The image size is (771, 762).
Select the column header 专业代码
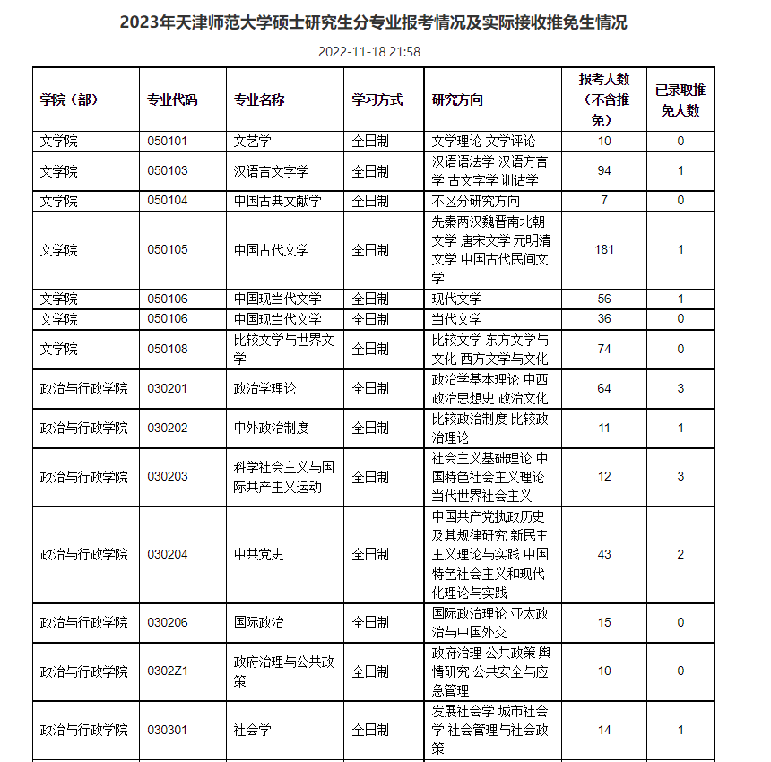tap(172, 100)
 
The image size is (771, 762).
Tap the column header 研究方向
tap(457, 100)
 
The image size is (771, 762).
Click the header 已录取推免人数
tap(680, 100)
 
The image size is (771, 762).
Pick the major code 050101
tap(168, 141)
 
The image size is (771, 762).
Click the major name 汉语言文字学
tap(271, 171)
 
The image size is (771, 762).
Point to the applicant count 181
tap(604, 249)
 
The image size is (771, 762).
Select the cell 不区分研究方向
tap(475, 201)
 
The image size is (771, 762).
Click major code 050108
tap(168, 349)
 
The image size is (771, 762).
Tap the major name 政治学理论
tap(264, 388)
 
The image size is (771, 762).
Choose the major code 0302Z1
tap(168, 671)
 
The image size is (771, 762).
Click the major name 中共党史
tap(258, 554)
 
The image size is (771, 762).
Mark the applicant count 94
tap(604, 171)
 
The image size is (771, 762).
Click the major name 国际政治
tap(258, 622)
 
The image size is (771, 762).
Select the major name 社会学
tap(252, 730)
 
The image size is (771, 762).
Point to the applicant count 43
tap(604, 554)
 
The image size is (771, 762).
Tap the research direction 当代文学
tap(456, 318)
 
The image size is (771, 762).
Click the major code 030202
tap(168, 428)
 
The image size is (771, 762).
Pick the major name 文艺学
tap(252, 141)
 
